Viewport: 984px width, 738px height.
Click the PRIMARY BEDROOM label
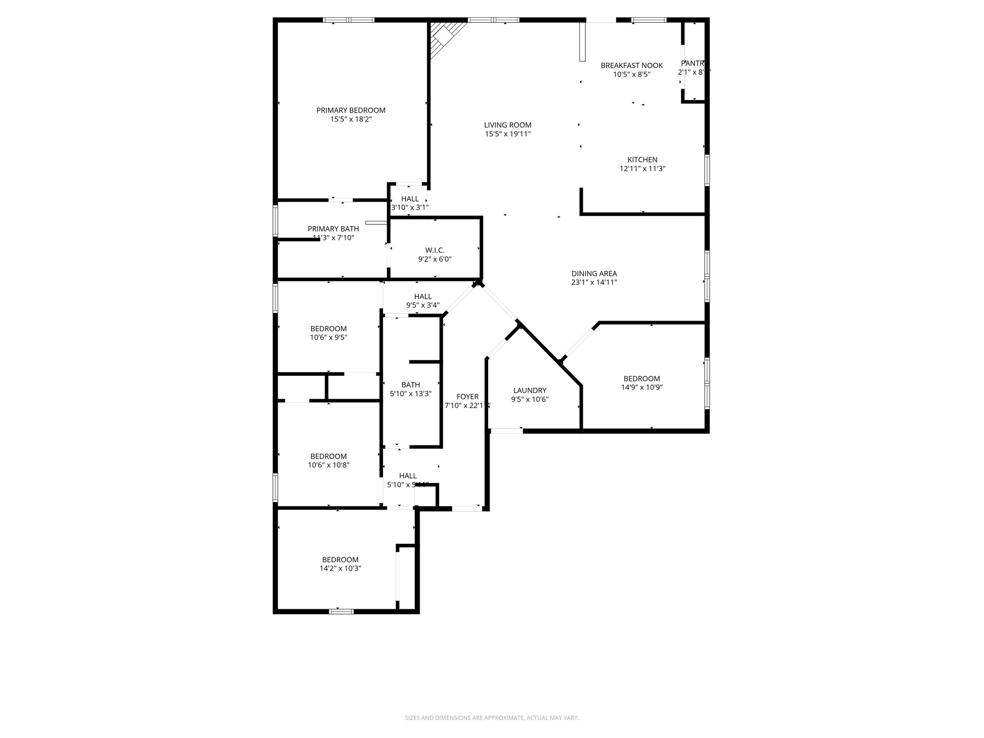[351, 111]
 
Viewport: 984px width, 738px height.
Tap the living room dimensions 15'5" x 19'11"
[507, 134]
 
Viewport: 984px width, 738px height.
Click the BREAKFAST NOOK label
[631, 66]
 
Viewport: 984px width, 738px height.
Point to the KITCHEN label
[642, 160]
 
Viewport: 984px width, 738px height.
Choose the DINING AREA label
[594, 274]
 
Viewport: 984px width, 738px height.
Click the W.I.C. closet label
[434, 250]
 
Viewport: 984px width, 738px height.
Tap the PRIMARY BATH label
[333, 229]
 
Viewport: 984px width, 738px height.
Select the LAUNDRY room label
[529, 391]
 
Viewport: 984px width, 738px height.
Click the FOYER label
[467, 397]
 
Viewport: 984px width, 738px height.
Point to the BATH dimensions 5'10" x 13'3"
[410, 394]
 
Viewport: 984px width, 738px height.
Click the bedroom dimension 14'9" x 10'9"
[641, 387]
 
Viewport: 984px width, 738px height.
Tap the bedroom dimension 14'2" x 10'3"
[340, 568]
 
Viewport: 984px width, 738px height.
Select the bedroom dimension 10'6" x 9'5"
[328, 338]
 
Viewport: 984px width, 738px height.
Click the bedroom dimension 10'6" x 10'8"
[328, 465]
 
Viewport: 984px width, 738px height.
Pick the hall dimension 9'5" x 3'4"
[422, 305]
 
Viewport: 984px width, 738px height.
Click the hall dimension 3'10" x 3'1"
[409, 208]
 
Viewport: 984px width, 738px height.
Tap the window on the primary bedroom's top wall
[348, 20]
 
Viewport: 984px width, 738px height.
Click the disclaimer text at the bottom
[492, 718]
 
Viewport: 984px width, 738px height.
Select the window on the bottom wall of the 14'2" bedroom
[341, 611]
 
